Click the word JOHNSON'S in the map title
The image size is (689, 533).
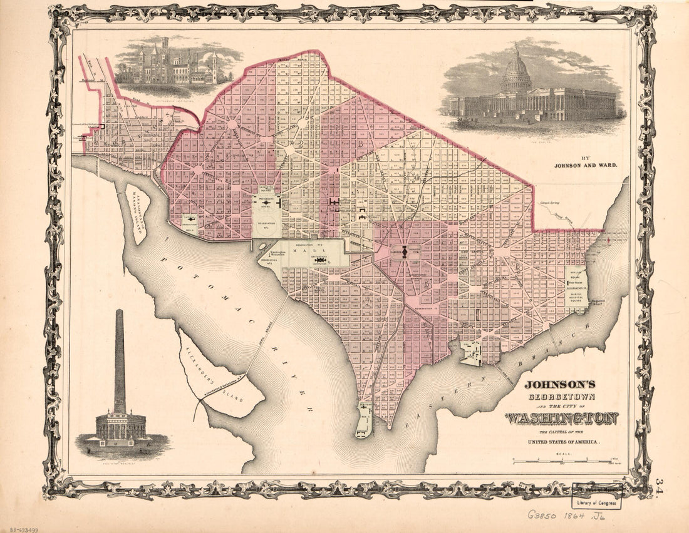560,385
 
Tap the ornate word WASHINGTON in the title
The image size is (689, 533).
562,417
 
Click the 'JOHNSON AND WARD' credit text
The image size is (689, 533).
585,166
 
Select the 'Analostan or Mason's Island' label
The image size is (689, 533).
136,215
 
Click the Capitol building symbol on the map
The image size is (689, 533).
405,252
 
